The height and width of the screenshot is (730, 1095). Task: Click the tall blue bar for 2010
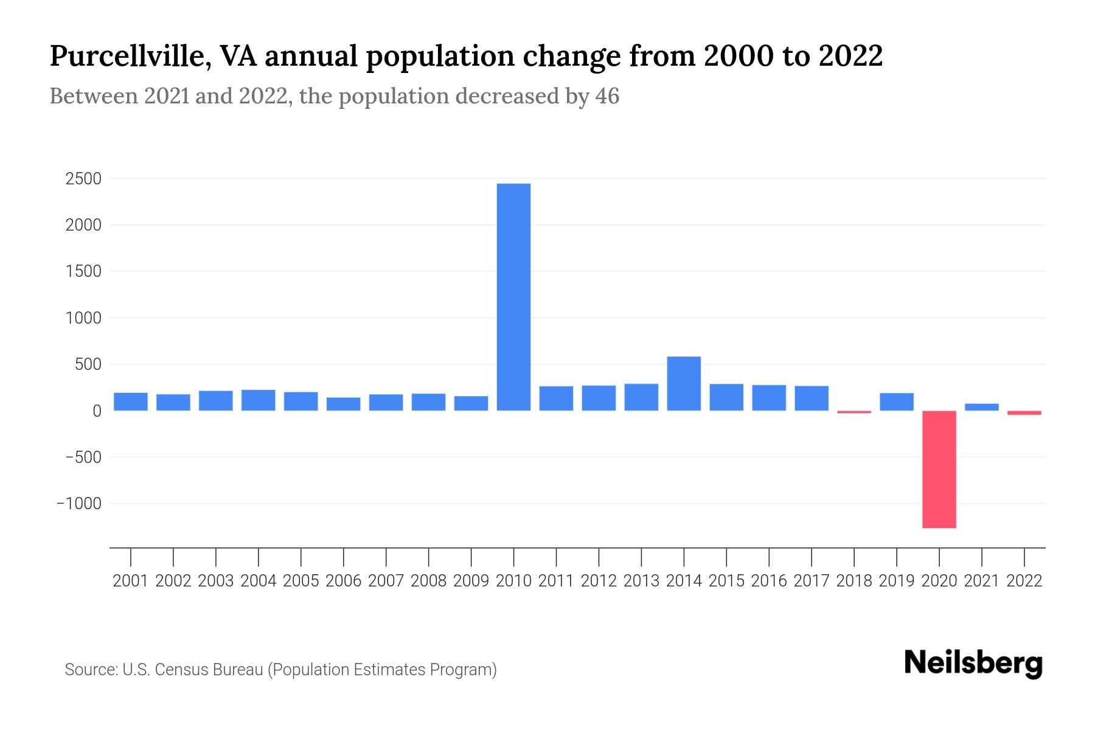(x=513, y=297)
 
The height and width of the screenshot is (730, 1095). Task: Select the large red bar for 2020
(x=939, y=469)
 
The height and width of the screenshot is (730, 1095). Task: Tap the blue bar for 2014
(x=684, y=383)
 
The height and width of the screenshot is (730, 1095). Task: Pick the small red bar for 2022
(x=1024, y=413)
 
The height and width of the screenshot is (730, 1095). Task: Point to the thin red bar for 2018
(x=853, y=412)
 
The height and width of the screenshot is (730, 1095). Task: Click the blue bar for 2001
(x=131, y=401)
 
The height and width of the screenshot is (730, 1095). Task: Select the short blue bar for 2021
(x=981, y=407)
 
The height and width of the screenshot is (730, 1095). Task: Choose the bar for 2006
(x=344, y=404)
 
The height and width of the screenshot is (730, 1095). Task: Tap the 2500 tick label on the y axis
(x=84, y=179)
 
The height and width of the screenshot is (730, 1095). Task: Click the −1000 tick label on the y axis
(x=79, y=504)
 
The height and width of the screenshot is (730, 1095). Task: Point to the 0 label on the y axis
(x=96, y=411)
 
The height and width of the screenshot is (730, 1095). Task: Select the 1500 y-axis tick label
(x=84, y=271)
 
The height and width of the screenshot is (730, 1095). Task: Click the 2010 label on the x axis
(x=513, y=581)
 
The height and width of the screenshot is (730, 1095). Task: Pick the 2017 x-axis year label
(x=811, y=581)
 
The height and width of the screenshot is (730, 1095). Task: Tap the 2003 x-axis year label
(x=216, y=581)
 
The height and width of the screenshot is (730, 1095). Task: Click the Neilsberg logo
(x=973, y=663)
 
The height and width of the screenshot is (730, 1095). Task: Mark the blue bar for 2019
(x=896, y=401)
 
